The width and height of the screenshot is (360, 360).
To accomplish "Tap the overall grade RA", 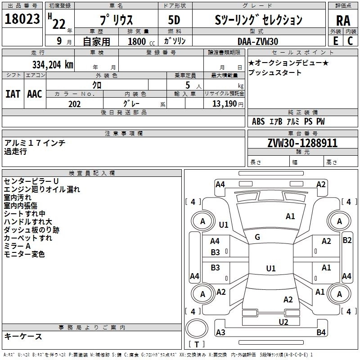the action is tap(343, 21).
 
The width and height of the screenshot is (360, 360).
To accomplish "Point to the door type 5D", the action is tap(174, 20).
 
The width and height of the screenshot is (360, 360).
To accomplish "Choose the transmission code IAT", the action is tap(13, 94).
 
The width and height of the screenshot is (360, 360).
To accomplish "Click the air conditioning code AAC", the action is tap(35, 94).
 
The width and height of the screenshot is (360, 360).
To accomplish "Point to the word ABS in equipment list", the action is tap(258, 121).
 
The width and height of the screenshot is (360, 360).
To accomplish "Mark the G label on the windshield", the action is tap(257, 237).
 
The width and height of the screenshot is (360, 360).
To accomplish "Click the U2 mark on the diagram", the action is tap(283, 322).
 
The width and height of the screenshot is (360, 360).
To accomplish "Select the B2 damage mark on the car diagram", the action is tap(347, 240).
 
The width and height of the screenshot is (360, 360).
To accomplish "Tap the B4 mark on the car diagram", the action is tap(321, 333).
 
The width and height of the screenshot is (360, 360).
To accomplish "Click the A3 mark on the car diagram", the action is tap(220, 333).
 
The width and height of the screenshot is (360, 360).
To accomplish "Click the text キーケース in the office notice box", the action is tap(23, 337).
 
